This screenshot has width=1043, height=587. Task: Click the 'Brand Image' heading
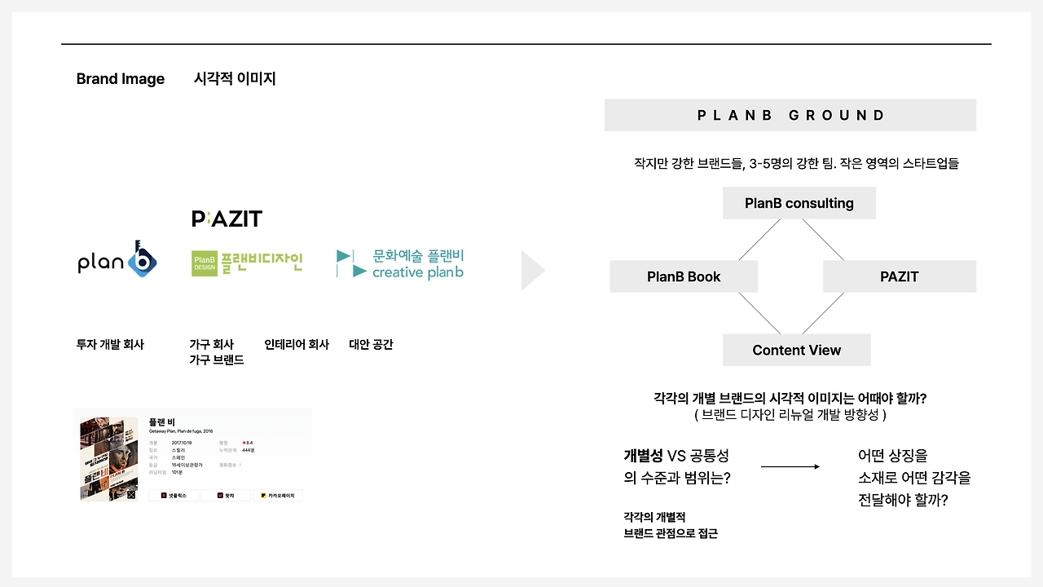coord(120,79)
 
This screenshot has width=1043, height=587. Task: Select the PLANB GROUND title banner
coord(790,115)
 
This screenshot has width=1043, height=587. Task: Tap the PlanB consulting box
coord(799,203)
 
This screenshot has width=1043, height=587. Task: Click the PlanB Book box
coord(684,276)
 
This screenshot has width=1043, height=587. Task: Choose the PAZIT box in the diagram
coord(899,276)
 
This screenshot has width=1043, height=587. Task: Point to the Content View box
coord(796,350)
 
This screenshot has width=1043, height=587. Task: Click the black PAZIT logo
coord(227,218)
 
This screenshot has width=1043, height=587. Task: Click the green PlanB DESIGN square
coord(205,263)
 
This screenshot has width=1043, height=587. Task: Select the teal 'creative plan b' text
coord(417,272)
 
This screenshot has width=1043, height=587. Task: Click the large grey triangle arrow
coord(532,271)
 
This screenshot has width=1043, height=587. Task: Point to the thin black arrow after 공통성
coord(790,466)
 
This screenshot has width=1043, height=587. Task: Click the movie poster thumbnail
coord(109,458)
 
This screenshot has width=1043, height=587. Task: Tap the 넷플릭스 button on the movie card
coord(174,495)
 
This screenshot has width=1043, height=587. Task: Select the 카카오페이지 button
coord(277,495)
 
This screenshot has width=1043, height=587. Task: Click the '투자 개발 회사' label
coord(110,345)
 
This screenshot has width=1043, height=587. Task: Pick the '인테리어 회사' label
coord(297,345)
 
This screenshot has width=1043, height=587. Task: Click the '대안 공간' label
coord(371,345)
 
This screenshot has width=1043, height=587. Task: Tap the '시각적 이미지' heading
coord(235,79)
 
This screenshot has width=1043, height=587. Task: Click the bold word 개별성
coord(644,456)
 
